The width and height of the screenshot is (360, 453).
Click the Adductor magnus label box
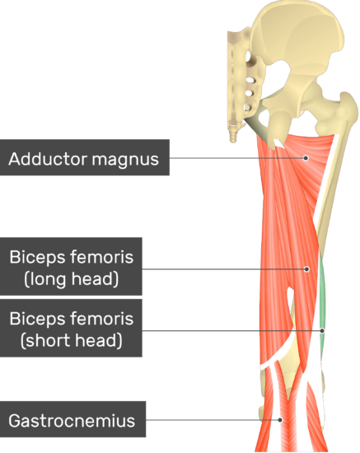point(85,157)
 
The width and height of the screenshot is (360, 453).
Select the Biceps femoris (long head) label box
point(71,266)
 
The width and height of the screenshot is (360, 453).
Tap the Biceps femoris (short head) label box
point(71,328)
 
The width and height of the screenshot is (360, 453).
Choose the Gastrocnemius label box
point(72,419)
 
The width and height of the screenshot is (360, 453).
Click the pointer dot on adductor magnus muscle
point(306,158)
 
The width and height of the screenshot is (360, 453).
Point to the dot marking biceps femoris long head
point(306,269)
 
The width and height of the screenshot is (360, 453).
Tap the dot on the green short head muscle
point(322,331)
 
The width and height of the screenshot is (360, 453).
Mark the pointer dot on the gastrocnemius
point(280,420)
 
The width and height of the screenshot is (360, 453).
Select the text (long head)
point(72,278)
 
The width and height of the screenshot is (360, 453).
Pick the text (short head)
point(72,340)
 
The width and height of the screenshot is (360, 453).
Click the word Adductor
point(48,158)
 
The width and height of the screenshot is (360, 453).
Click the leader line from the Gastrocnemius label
point(213,420)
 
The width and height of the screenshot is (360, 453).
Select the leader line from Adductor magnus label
point(237,158)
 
